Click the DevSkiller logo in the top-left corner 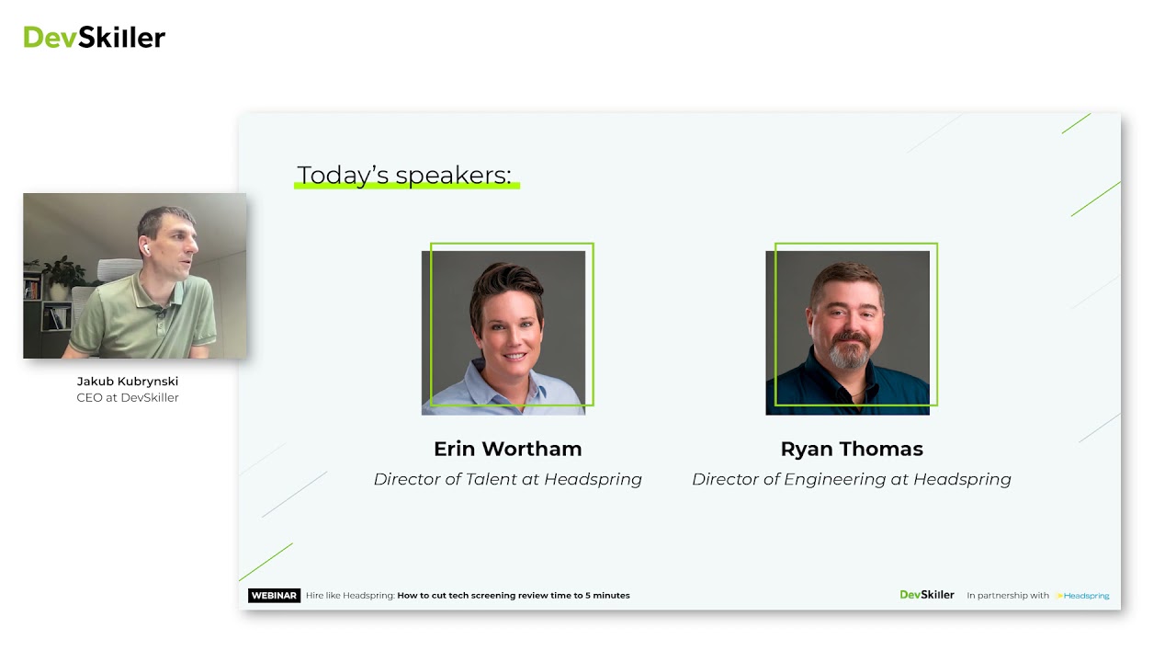(94, 37)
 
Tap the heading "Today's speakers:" (404, 175)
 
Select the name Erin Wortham (507, 449)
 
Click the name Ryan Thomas (852, 449)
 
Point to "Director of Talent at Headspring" (507, 479)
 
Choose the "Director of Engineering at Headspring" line (852, 479)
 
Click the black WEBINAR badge (274, 596)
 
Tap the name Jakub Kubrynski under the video (128, 381)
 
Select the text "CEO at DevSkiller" (128, 397)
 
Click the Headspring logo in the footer (1084, 596)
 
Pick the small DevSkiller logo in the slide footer (927, 595)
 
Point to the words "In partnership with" (1008, 596)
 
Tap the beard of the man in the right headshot (847, 353)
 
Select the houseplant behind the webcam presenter (62, 271)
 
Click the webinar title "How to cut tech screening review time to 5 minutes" (514, 596)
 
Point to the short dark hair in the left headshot (505, 285)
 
